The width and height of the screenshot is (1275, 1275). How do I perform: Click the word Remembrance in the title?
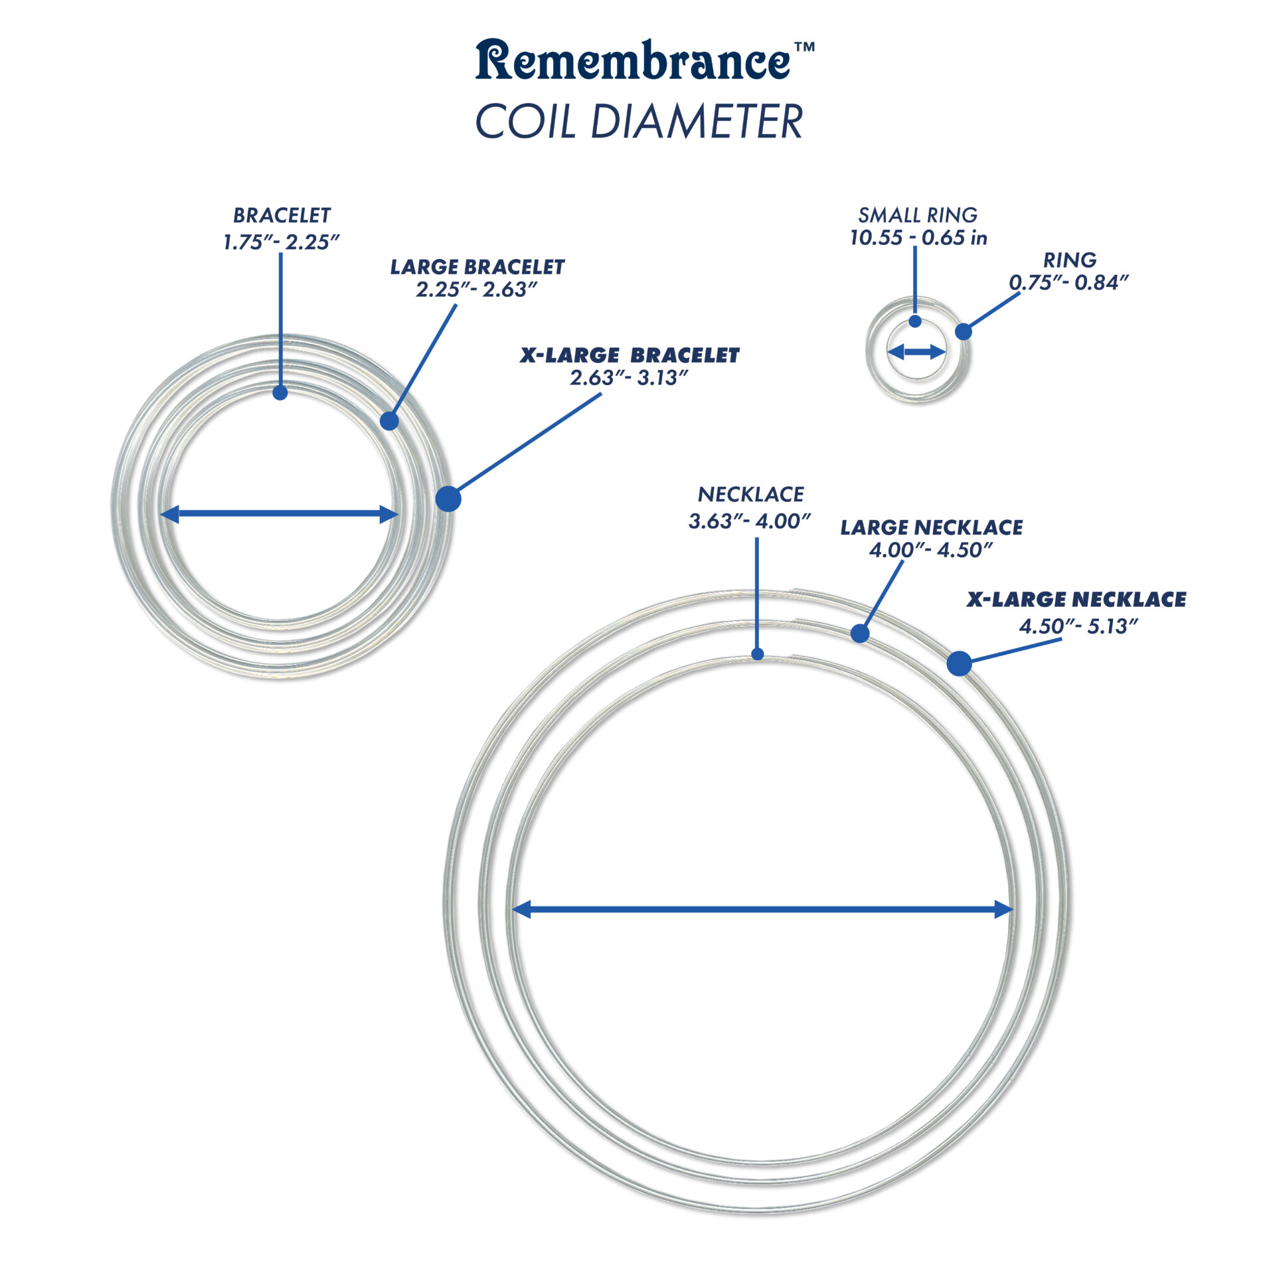632,61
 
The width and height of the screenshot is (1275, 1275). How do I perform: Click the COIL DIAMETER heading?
639,122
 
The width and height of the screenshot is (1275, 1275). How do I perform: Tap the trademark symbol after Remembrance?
804,48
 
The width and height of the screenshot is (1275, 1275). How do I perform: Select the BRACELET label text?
282,215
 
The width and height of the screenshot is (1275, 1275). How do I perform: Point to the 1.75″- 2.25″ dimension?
281,242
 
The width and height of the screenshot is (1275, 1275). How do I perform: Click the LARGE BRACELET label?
477,267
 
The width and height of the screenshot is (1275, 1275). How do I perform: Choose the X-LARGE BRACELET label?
629,355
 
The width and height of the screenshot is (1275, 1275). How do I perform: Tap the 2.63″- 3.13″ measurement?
628,378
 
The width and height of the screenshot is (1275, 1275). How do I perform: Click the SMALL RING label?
918,215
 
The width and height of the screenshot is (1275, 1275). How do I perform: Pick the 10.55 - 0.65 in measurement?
918,238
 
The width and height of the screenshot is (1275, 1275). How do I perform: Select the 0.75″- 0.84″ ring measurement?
1068,283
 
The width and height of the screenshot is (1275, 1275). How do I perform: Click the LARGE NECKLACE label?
931,527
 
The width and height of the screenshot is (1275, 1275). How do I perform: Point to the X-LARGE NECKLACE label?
1076,600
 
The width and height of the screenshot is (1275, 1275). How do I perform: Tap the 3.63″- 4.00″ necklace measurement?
750,521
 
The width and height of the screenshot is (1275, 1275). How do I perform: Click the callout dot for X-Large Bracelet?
448,499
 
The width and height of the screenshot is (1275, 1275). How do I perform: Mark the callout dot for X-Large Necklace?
959,663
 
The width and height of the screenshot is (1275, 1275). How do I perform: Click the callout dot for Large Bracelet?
390,420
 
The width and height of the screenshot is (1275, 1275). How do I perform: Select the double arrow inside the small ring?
916,352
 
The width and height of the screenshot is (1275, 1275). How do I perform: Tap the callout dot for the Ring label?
963,331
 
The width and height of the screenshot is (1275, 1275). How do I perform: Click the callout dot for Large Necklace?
860,633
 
